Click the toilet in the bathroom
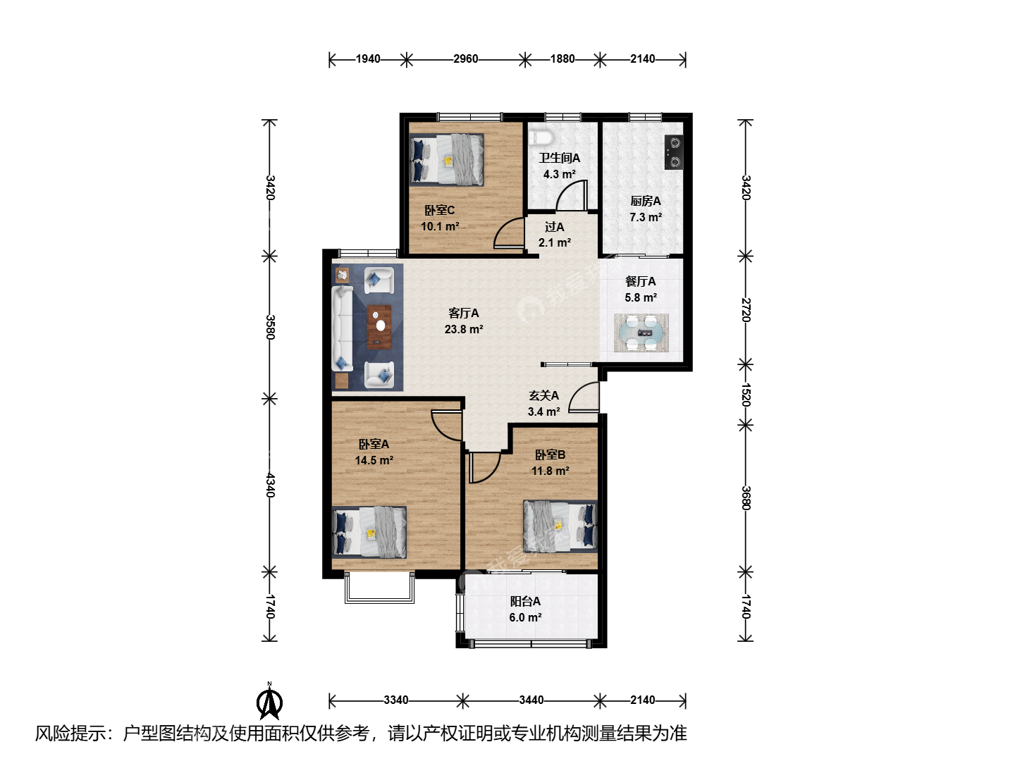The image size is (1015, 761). [541, 137]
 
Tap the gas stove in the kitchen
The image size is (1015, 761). [674, 152]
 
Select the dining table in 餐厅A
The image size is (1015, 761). [641, 333]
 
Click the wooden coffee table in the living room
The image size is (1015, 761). [380, 327]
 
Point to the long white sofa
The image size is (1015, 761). [342, 328]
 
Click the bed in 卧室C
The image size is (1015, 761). [447, 160]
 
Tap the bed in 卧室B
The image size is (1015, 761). [560, 527]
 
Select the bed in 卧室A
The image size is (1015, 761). [369, 532]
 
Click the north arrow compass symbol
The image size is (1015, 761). [269, 700]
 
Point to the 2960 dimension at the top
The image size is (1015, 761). [465, 59]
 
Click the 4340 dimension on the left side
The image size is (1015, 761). [271, 485]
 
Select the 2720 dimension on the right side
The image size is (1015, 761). [746, 309]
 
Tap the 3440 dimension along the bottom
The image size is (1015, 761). [531, 700]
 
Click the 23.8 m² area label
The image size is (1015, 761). [464, 330]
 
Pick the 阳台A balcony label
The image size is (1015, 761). [525, 601]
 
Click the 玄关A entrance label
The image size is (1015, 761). [543, 395]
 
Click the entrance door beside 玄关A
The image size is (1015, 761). [584, 397]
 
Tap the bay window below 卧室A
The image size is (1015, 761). [379, 587]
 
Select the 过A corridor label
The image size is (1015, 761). [554, 227]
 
